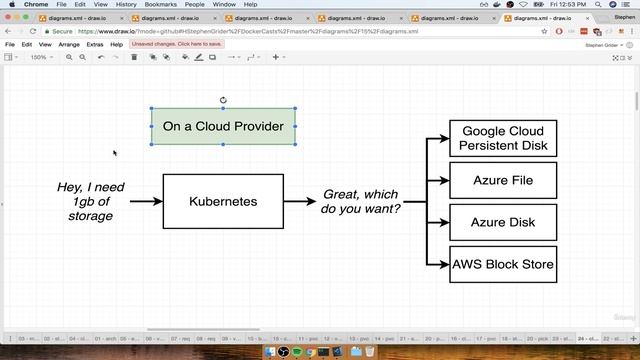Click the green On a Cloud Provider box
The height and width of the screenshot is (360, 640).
click(x=223, y=126)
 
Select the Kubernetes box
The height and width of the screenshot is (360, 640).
click(x=223, y=201)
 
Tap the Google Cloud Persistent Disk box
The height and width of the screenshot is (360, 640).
click(x=503, y=138)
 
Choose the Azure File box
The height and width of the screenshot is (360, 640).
click(x=503, y=181)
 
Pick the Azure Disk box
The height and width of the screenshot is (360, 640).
click(x=503, y=222)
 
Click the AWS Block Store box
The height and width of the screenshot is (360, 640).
click(x=503, y=264)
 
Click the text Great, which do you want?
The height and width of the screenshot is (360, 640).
click(x=360, y=201)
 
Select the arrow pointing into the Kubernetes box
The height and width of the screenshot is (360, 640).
click(x=146, y=201)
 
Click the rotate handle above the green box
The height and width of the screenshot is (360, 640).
click(x=223, y=100)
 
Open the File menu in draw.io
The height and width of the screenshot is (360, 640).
click(x=10, y=44)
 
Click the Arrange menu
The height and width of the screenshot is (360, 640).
click(x=69, y=44)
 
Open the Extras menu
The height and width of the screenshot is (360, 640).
click(x=95, y=44)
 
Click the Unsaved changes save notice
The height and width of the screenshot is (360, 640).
click(x=175, y=44)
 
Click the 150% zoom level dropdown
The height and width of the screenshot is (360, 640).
click(x=40, y=57)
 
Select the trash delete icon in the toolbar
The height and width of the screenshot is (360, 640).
click(x=134, y=57)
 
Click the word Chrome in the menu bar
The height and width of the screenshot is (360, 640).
click(x=36, y=4)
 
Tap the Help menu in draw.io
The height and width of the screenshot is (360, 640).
click(x=117, y=44)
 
